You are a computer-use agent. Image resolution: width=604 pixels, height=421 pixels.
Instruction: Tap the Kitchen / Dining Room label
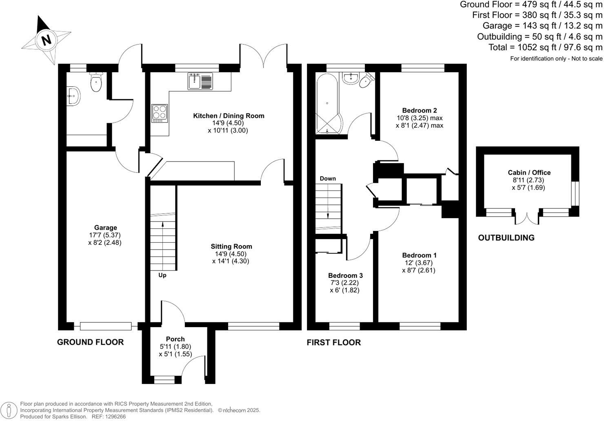229,116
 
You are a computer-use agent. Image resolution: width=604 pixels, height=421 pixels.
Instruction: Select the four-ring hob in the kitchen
159,113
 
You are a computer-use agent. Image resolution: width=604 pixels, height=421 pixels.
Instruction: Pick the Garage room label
105,228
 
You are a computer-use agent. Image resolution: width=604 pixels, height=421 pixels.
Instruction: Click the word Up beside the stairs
162,275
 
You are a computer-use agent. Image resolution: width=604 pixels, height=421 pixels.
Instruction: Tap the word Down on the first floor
328,179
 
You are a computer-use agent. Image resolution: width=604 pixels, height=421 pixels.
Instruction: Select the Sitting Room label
231,246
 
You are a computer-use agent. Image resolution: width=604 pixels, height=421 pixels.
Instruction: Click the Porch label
175,339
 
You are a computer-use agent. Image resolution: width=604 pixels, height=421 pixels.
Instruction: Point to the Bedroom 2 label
419,111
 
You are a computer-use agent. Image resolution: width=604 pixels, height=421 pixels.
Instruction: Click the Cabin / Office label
529,173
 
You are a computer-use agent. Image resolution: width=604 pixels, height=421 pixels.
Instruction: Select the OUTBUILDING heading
506,238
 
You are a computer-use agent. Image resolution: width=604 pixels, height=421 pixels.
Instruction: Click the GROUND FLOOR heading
90,342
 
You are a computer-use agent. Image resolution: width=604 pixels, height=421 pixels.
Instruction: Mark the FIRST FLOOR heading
333,343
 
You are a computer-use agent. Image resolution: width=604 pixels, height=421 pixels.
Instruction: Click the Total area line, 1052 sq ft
545,47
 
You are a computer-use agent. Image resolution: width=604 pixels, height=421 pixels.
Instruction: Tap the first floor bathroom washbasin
350,78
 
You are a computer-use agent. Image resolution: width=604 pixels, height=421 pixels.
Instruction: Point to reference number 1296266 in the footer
115,417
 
